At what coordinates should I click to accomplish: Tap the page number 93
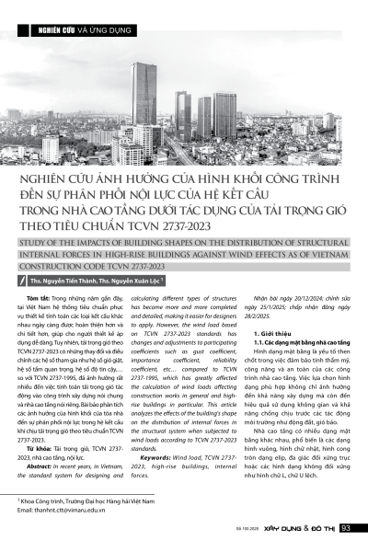347,528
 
